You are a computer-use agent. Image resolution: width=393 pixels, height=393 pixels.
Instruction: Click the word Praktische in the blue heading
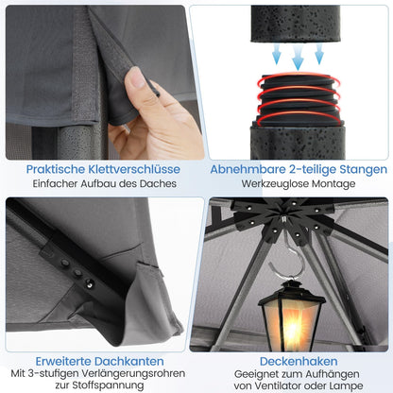56,169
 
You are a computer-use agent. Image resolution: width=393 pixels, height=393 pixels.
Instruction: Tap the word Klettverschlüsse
134,169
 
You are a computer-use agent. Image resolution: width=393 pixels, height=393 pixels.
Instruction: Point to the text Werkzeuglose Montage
299,183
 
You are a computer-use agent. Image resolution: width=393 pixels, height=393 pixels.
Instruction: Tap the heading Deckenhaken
299,361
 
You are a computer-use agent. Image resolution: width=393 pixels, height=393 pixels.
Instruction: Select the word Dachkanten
129,361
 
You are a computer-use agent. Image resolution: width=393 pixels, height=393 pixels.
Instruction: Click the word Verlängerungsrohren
133,374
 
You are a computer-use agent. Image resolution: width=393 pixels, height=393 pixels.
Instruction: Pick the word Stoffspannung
108,385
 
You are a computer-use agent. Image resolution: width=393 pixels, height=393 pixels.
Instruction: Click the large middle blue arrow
298,58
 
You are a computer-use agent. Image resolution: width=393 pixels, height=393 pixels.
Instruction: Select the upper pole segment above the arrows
296,24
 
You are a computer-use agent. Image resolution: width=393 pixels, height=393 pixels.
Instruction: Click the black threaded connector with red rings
298,99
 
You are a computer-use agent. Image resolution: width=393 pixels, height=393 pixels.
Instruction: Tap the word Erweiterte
63,361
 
